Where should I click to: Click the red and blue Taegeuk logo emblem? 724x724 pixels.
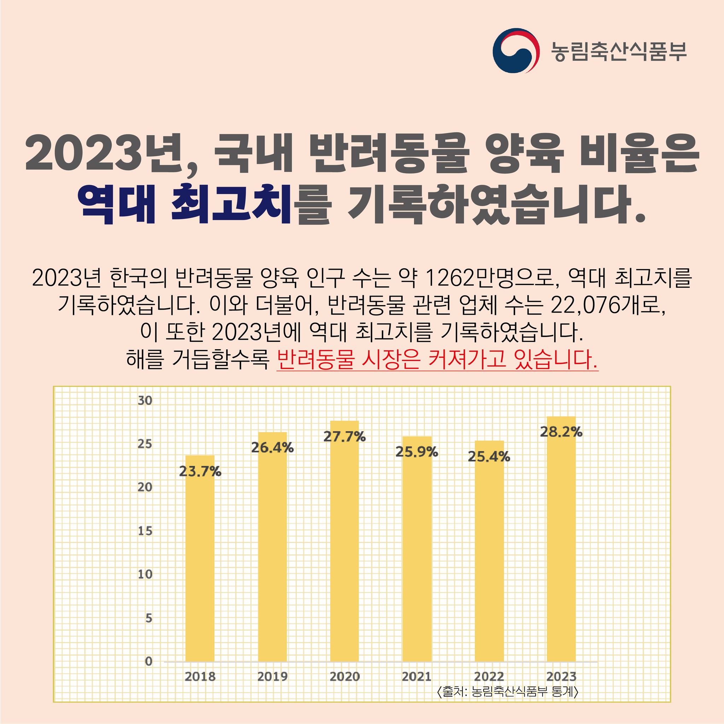pos(516,51)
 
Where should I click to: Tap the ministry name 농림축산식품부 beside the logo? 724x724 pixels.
pos(619,51)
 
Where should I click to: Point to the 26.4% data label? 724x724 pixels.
pos(272,448)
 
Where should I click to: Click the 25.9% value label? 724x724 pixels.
pos(417,452)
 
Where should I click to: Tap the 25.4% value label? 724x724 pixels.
pos(489,457)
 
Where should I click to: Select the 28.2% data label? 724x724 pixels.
pos(561,432)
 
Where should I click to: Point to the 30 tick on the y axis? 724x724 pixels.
pos(145,401)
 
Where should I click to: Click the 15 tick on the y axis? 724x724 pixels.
pos(145,531)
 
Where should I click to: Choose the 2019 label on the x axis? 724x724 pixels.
pos(272,676)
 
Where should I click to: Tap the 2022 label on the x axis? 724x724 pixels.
pos(489,676)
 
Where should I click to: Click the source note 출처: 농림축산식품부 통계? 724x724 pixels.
pos(508,691)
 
